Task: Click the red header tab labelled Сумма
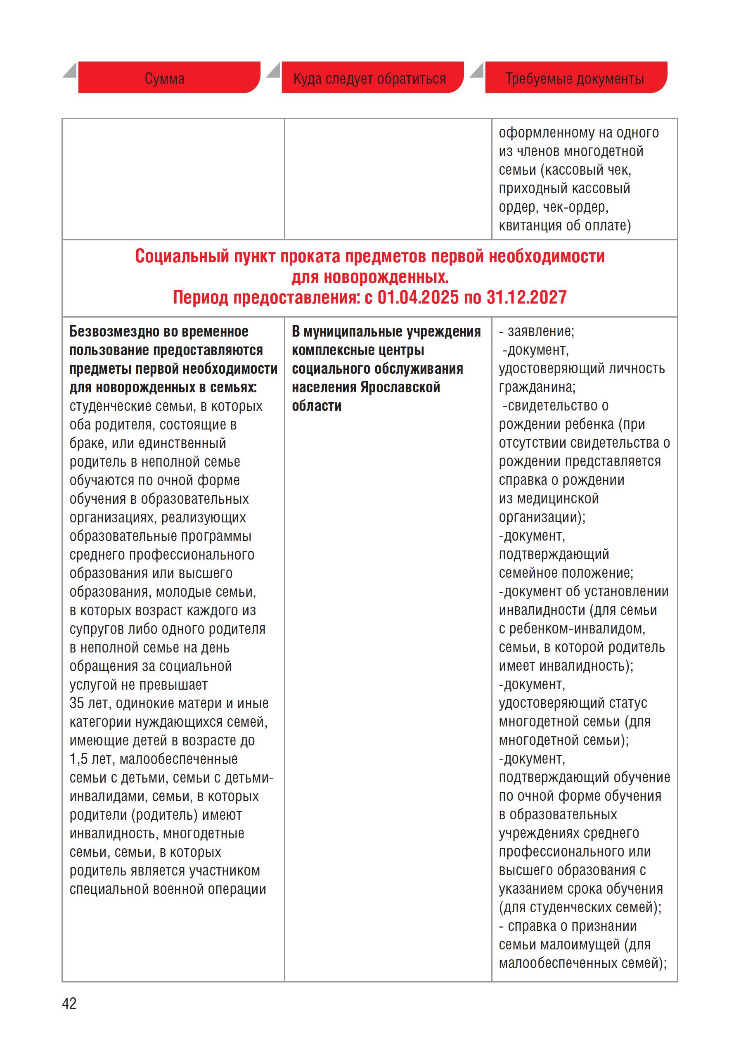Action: tap(165, 78)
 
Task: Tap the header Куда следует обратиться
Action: tap(369, 78)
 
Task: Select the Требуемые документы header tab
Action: tap(575, 78)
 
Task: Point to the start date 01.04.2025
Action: tap(418, 298)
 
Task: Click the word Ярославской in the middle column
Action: tap(400, 387)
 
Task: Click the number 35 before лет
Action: tap(77, 703)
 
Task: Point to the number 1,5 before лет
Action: tap(78, 759)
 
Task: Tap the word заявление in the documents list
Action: tap(540, 332)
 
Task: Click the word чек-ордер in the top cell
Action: tap(579, 207)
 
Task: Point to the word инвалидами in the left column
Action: tap(109, 796)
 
